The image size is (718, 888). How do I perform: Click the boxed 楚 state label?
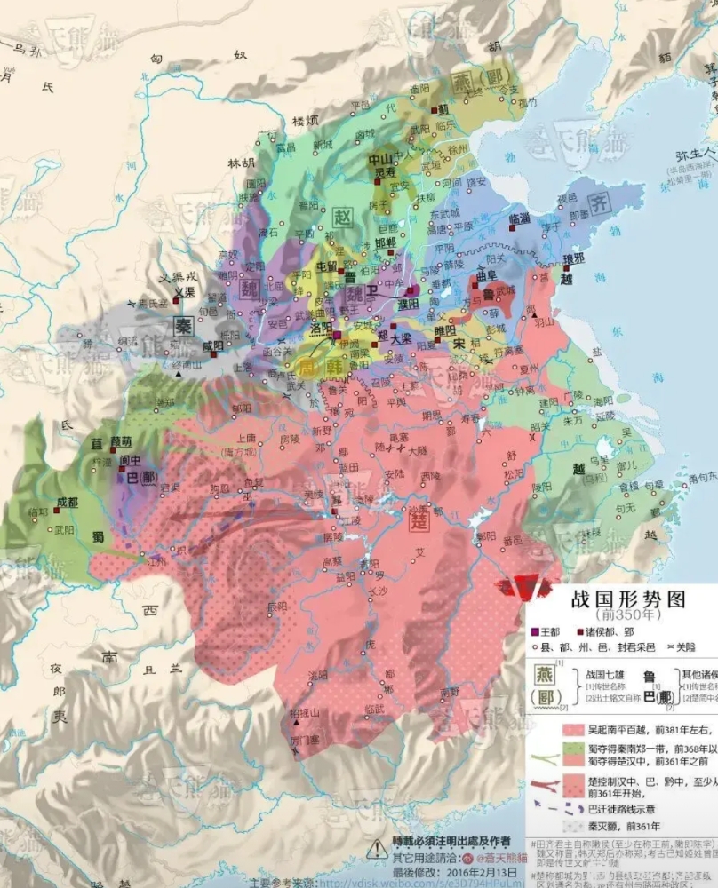pos(419,521)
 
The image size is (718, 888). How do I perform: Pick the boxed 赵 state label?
pos(341,216)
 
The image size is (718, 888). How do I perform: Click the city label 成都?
pos(67,502)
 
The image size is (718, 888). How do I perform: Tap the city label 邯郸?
pos(385,242)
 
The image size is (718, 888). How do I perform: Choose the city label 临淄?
pos(520,218)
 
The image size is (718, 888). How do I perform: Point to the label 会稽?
pos(628,485)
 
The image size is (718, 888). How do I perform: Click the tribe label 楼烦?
pos(305,120)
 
